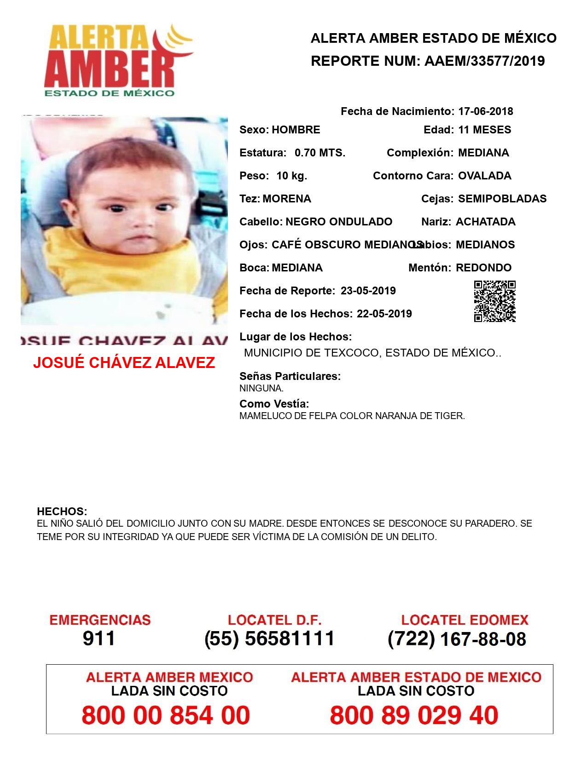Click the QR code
tap(494, 301)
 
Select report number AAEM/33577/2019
tap(484, 61)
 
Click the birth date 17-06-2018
tap(485, 111)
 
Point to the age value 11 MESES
tap(484, 130)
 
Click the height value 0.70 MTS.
tap(320, 153)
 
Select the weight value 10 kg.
tap(291, 176)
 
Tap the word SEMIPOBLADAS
tap(502, 199)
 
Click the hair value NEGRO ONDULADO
tap(339, 222)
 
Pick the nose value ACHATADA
tap(485, 222)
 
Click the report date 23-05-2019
tap(368, 291)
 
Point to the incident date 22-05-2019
tap(384, 314)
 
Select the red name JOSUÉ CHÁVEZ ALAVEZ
tap(124, 363)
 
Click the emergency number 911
tap(99, 638)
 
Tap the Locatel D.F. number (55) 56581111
tap(269, 638)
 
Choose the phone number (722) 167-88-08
tap(457, 638)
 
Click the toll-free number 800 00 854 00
tap(166, 716)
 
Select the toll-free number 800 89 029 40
tap(414, 716)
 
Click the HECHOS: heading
tap(62, 512)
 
